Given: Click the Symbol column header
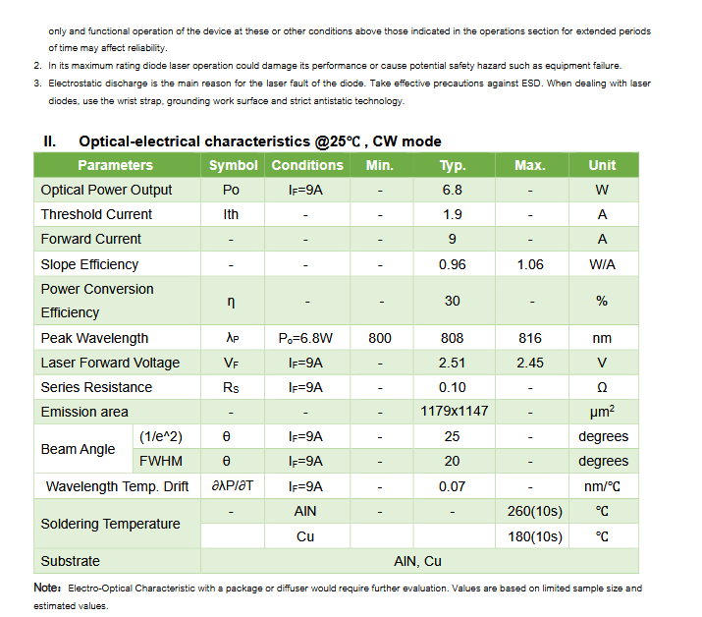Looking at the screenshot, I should (233, 165).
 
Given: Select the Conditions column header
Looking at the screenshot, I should (307, 165).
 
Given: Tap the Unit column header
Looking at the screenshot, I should (602, 165).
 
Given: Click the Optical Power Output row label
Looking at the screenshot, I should (106, 190).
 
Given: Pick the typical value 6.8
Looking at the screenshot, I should (452, 190).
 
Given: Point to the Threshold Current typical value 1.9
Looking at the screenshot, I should (452, 214).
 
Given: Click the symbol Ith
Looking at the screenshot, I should (232, 214).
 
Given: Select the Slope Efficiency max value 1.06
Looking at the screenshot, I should (530, 264).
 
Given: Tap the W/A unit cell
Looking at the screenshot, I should (602, 264).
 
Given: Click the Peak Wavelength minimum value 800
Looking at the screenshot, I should (379, 338).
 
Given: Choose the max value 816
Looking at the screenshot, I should (530, 338).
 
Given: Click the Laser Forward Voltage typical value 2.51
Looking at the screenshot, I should (452, 363).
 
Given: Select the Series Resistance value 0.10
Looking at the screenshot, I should (452, 387).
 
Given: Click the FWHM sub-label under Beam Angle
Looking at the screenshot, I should (160, 461).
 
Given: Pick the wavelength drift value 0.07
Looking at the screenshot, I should (452, 486).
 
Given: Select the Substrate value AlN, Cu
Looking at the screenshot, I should (417, 561).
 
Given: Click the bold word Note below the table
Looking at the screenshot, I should (47, 588).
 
